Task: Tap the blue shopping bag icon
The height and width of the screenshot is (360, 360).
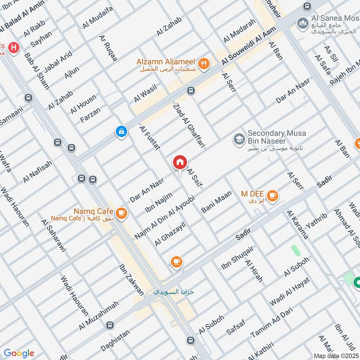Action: (x=121, y=131)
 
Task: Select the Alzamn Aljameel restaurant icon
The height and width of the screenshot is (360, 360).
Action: (x=204, y=64)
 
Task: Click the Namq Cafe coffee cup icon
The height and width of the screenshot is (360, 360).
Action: (x=121, y=213)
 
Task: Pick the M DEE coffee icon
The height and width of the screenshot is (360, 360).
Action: (x=272, y=195)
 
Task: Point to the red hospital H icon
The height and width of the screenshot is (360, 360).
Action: (x=14, y=47)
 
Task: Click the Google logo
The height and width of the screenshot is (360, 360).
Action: (x=19, y=353)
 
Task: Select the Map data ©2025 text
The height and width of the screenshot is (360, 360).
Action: (x=335, y=355)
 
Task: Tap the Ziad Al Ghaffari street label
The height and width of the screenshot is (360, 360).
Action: (x=189, y=126)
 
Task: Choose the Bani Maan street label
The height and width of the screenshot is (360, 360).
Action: (x=217, y=202)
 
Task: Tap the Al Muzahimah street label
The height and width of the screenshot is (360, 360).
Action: (x=99, y=315)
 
